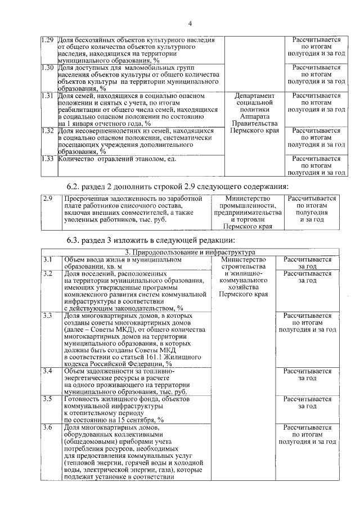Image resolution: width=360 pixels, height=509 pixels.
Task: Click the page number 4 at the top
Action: (x=190, y=23)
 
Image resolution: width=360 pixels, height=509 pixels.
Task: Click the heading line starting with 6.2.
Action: (x=175, y=186)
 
